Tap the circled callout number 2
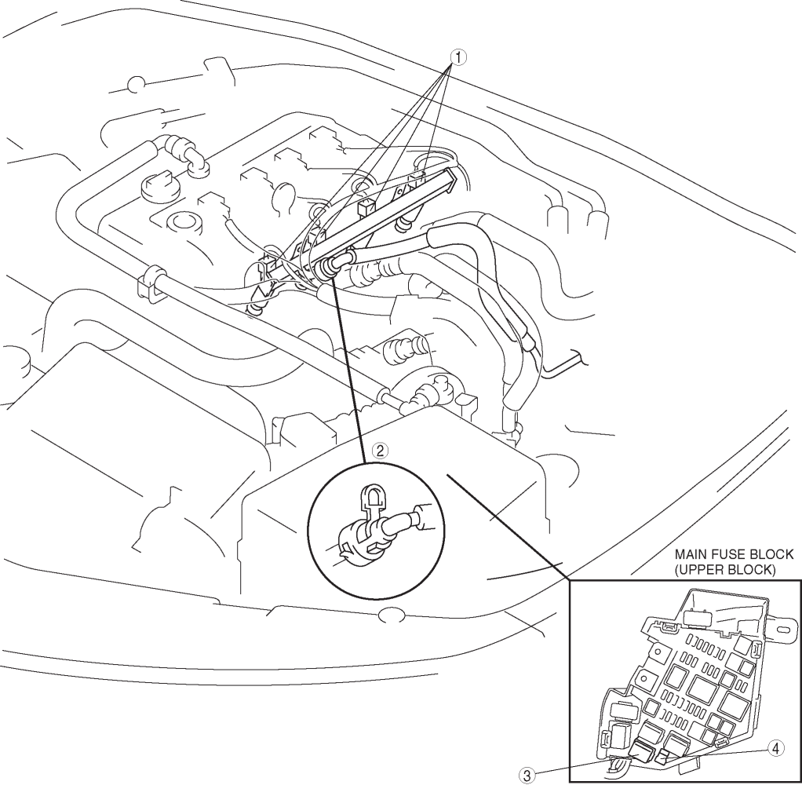coord(380,451)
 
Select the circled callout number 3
coord(527,776)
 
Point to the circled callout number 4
coord(776,749)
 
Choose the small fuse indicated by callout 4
coord(663,755)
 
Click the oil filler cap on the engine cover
coord(160,186)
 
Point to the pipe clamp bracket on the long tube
coord(149,283)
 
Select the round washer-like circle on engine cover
coord(181,223)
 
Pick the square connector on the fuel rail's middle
coord(366,206)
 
